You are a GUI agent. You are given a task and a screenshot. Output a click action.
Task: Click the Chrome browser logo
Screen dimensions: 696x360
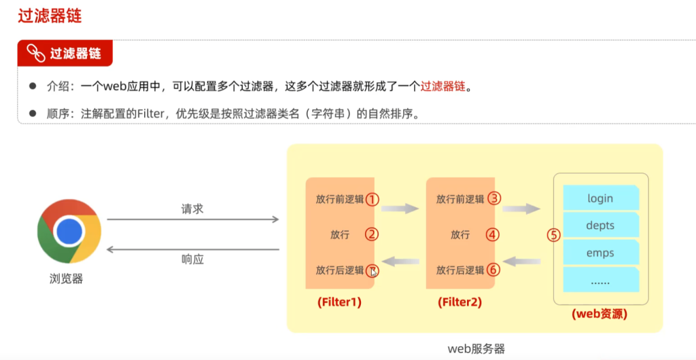pyautogui.click(x=69, y=231)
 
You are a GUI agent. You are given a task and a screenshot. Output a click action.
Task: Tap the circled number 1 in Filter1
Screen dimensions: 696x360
pyautogui.click(x=372, y=199)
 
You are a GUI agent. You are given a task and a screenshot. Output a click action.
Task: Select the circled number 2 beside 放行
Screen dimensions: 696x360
pyautogui.click(x=372, y=234)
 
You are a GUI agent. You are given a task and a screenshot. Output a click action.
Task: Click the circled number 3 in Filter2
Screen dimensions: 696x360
pyautogui.click(x=494, y=198)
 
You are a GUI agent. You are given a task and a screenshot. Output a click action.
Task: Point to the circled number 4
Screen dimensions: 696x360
pyautogui.click(x=492, y=234)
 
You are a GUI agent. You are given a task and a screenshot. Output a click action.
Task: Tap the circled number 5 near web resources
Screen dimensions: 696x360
pyautogui.click(x=553, y=234)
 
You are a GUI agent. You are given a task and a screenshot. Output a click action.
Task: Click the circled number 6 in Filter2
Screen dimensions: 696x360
pyautogui.click(x=493, y=269)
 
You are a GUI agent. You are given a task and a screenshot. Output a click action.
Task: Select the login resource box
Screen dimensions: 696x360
pyautogui.click(x=601, y=198)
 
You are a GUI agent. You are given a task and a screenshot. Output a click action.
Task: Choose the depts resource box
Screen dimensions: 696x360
pyautogui.click(x=601, y=225)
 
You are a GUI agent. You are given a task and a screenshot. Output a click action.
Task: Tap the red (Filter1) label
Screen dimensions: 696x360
pyautogui.click(x=339, y=303)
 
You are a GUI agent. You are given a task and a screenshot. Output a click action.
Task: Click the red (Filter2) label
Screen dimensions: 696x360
pyautogui.click(x=459, y=303)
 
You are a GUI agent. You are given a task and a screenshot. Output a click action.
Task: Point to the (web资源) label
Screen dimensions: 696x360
pyautogui.click(x=599, y=314)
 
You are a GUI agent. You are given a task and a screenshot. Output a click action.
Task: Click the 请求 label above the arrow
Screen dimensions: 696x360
pyautogui.click(x=192, y=209)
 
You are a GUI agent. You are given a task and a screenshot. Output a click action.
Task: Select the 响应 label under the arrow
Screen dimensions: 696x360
pyautogui.click(x=192, y=259)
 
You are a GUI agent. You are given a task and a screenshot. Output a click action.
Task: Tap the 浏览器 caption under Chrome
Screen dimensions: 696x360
pyautogui.click(x=67, y=279)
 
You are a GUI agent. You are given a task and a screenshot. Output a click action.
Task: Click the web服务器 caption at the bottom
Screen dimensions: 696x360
pyautogui.click(x=476, y=349)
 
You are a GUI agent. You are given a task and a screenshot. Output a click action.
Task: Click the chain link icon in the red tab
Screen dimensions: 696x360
pyautogui.click(x=36, y=53)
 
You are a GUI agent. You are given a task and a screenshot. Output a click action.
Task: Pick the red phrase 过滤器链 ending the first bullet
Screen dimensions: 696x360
pyautogui.click(x=442, y=86)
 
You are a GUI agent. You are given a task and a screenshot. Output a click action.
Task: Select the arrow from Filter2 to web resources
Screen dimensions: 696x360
pyautogui.click(x=521, y=209)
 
